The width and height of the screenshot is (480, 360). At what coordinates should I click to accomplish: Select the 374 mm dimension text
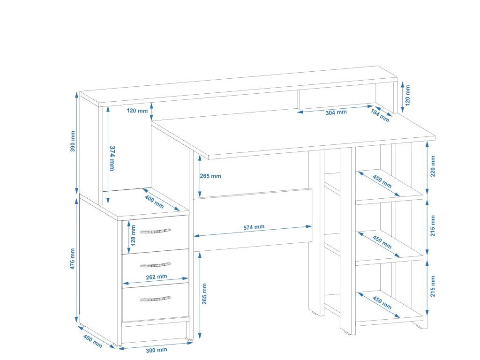coord(112,158)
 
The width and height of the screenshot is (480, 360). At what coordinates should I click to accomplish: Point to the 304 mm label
coord(336,112)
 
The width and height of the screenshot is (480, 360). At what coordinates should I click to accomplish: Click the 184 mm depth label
coord(380,115)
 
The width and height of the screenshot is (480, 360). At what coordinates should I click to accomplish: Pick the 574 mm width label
coord(254,227)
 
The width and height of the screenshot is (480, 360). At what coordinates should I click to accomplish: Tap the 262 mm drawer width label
coord(156,277)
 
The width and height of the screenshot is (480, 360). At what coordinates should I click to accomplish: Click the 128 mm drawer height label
coord(134,235)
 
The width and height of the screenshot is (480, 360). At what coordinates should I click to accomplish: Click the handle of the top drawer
coord(155,231)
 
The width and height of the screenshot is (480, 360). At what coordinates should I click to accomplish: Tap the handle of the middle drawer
coord(155,265)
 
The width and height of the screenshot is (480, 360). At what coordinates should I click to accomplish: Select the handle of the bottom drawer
coord(155,298)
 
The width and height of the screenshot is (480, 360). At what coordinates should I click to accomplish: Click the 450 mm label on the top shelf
coord(382,181)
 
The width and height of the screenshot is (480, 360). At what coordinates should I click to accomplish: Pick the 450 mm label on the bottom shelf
coord(382,302)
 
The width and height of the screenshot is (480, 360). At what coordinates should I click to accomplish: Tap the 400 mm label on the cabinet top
coord(154,202)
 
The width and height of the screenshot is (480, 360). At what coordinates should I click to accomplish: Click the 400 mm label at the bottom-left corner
coord(92,340)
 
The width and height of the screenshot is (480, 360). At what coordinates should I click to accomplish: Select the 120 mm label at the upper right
coord(407,94)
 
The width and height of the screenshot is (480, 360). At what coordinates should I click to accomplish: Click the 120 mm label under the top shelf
coord(137,111)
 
